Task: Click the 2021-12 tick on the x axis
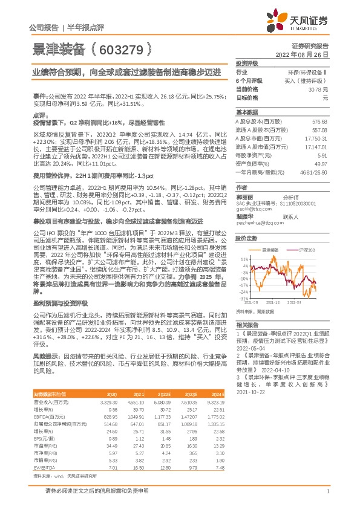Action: coord(274,318)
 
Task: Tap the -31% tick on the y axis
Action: coord(243,315)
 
